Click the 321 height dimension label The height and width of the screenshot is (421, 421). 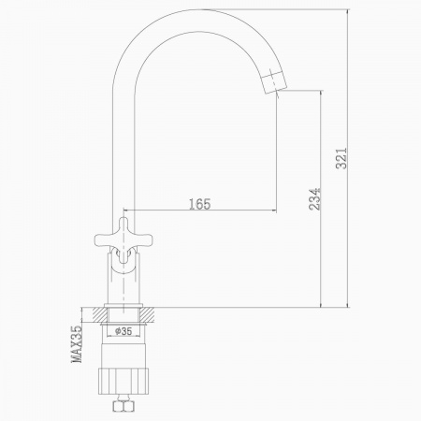(x=341, y=158)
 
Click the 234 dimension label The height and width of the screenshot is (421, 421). (x=314, y=199)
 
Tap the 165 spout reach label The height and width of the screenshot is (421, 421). (x=200, y=204)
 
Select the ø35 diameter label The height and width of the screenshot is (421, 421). (x=123, y=331)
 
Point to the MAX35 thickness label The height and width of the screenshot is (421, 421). (x=77, y=344)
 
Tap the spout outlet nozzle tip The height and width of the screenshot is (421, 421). (x=273, y=81)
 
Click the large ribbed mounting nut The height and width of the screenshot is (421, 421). (x=123, y=381)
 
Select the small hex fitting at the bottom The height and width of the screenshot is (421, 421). (x=123, y=406)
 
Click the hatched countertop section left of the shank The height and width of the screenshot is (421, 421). (x=99, y=314)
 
